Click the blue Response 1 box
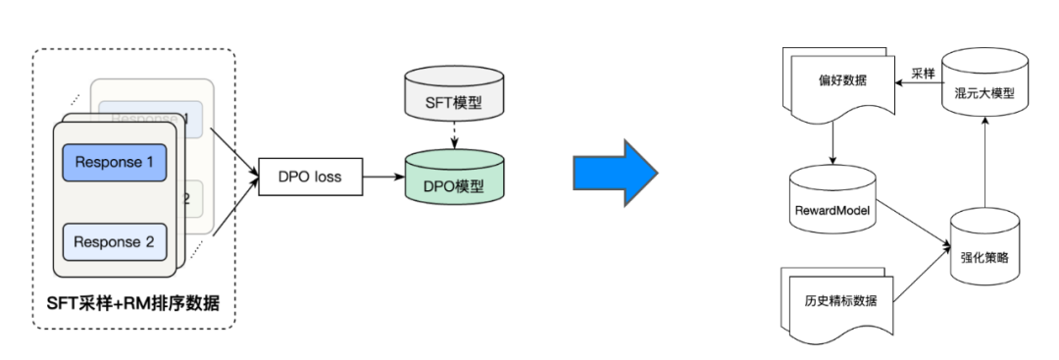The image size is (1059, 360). click(114, 162)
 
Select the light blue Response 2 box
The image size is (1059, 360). click(114, 241)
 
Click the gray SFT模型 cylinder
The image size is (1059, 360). click(455, 97)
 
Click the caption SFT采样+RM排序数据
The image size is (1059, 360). click(134, 306)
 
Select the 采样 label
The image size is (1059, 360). click(922, 73)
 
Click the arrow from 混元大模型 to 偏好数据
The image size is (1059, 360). click(922, 86)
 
